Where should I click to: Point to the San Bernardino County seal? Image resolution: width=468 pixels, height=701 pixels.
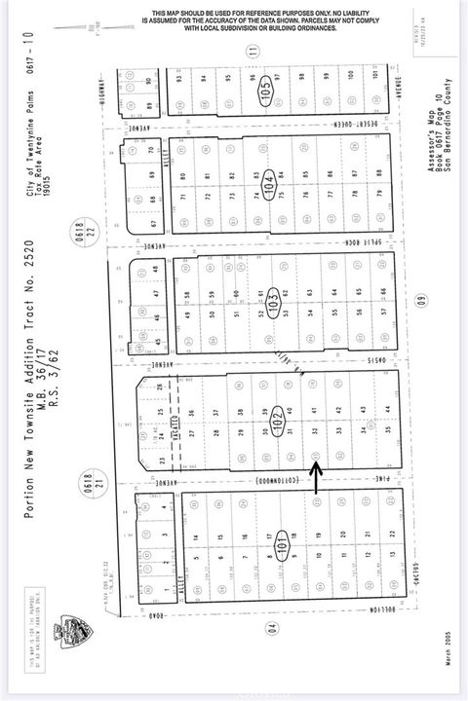tap(70, 631)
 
